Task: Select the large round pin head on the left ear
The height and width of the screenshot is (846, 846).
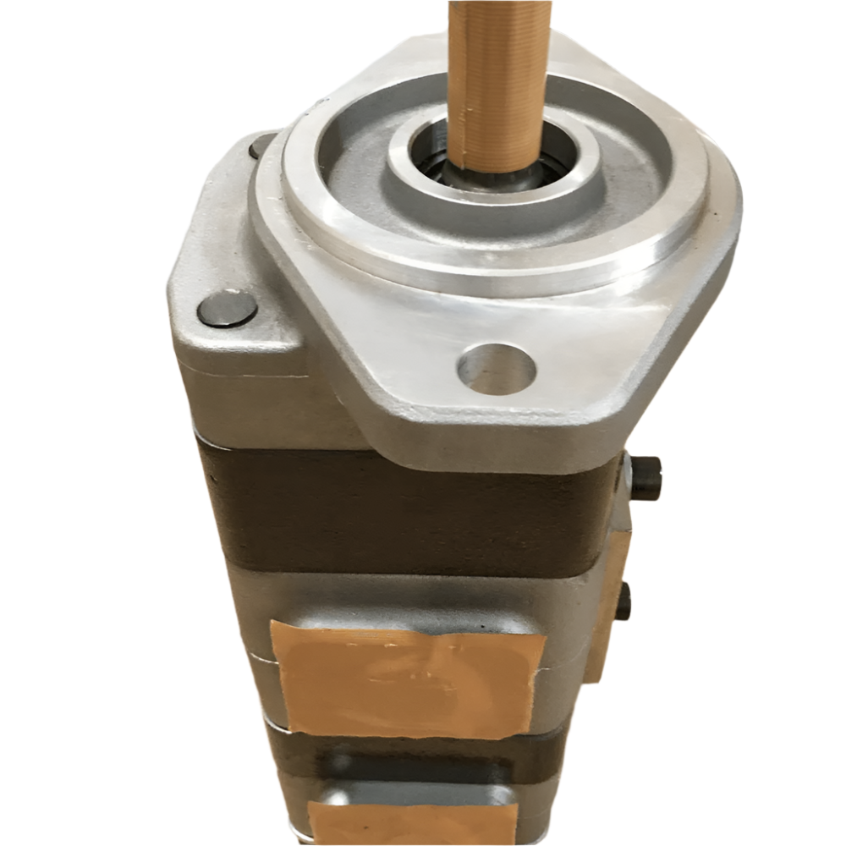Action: pyautogui.click(x=227, y=309)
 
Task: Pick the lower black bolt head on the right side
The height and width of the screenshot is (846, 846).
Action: pyautogui.click(x=624, y=602)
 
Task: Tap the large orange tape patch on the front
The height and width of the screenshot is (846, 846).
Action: pyautogui.click(x=406, y=677)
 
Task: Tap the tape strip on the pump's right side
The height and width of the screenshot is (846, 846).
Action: pyautogui.click(x=611, y=592)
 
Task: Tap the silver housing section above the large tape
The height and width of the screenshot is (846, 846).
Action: pyautogui.click(x=406, y=596)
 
